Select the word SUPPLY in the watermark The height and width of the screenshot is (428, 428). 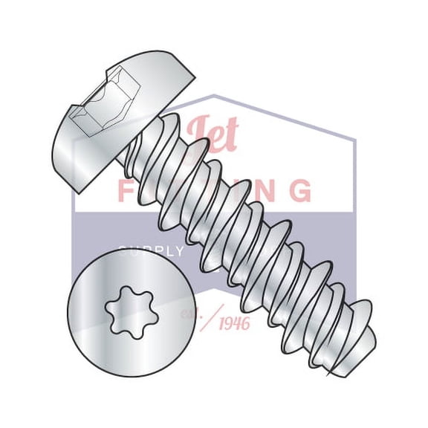(152, 251)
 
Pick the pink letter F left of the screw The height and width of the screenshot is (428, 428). (129, 190)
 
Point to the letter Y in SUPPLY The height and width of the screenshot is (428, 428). (178, 251)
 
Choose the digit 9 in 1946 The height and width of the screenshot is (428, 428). (228, 324)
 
